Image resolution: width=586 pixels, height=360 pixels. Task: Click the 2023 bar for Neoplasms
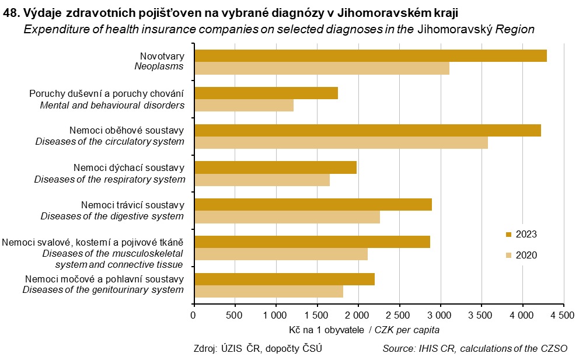pyautogui.click(x=370, y=56)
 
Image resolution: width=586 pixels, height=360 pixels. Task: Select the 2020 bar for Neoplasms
pyautogui.click(x=322, y=68)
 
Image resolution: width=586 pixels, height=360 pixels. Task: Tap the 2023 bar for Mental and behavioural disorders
pyautogui.click(x=266, y=93)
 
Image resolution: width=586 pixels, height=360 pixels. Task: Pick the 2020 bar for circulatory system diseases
pyautogui.click(x=341, y=143)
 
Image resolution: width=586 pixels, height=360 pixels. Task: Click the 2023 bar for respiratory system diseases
pyautogui.click(x=275, y=167)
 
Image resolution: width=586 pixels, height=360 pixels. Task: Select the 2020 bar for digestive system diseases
pyautogui.click(x=287, y=217)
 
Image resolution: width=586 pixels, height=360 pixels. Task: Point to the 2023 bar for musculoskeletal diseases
pyautogui.click(x=312, y=242)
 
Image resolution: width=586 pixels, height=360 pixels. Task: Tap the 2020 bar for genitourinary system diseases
pyautogui.click(x=268, y=291)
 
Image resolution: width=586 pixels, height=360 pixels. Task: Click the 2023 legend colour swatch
pyautogui.click(x=508, y=235)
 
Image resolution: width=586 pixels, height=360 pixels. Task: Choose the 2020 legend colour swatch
pyautogui.click(x=508, y=256)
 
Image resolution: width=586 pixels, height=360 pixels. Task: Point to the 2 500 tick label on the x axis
pyautogui.click(x=399, y=316)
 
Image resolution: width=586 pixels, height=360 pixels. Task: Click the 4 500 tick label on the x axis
pyautogui.click(x=563, y=316)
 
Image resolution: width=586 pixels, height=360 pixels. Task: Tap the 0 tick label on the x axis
pyautogui.click(x=194, y=316)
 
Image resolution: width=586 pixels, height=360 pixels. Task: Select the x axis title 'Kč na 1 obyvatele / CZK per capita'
pyautogui.click(x=364, y=330)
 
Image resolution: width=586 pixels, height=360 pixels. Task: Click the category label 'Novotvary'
pyautogui.click(x=162, y=56)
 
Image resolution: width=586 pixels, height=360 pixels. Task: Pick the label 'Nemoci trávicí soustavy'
pyautogui.click(x=132, y=205)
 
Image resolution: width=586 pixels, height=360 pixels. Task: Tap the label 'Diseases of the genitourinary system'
pyautogui.click(x=103, y=289)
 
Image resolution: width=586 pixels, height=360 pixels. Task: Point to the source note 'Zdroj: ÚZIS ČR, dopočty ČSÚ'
pyautogui.click(x=257, y=349)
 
